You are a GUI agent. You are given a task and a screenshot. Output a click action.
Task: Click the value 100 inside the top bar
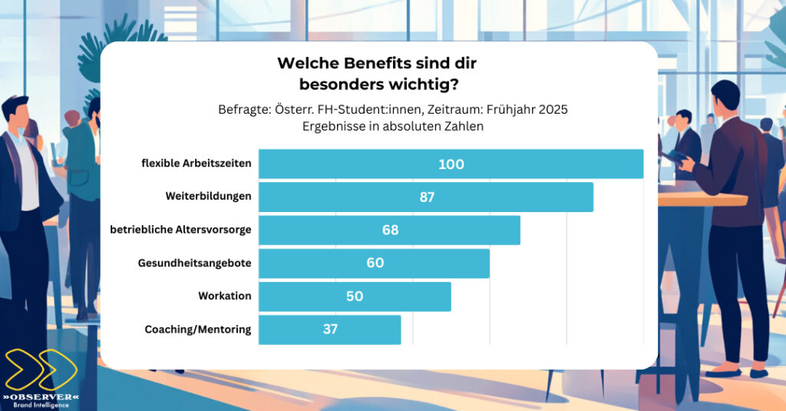[451, 164]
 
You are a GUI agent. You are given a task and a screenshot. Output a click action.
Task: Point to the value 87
[427, 197]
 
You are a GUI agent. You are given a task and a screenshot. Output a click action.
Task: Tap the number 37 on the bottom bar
[330, 329]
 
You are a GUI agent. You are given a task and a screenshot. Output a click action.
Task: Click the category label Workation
[224, 296]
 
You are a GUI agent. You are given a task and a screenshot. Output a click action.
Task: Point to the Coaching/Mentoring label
[197, 329]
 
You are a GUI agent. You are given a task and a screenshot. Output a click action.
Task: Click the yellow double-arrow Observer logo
[39, 370]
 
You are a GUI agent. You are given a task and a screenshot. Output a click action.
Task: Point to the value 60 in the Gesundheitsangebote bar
[375, 263]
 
